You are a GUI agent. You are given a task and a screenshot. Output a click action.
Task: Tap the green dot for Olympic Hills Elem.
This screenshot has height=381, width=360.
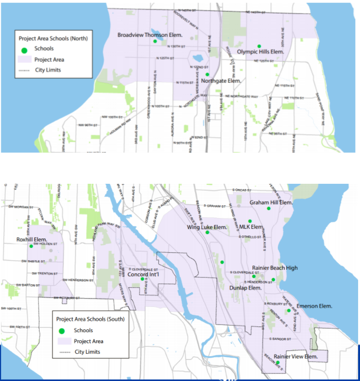click(x=259, y=46)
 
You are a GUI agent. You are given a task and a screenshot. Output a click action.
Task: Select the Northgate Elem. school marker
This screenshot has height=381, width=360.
click(x=207, y=74)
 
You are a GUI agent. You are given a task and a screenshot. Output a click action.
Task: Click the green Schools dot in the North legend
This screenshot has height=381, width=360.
click(x=25, y=49)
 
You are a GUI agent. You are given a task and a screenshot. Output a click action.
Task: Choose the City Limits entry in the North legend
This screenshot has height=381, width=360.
click(x=48, y=70)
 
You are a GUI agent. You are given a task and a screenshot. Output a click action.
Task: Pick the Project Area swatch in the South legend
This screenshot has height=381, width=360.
click(x=62, y=341)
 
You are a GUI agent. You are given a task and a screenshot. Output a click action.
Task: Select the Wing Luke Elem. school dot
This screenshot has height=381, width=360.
click(x=207, y=233)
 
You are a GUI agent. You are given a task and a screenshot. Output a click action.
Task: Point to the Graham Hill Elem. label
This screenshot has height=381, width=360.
click(x=271, y=202)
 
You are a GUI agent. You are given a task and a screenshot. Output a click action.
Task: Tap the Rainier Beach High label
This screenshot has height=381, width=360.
click(x=275, y=268)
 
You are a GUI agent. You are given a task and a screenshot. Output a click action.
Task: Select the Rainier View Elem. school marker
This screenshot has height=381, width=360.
click(x=278, y=363)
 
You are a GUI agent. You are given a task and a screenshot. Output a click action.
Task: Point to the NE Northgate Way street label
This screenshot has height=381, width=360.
click(x=241, y=96)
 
